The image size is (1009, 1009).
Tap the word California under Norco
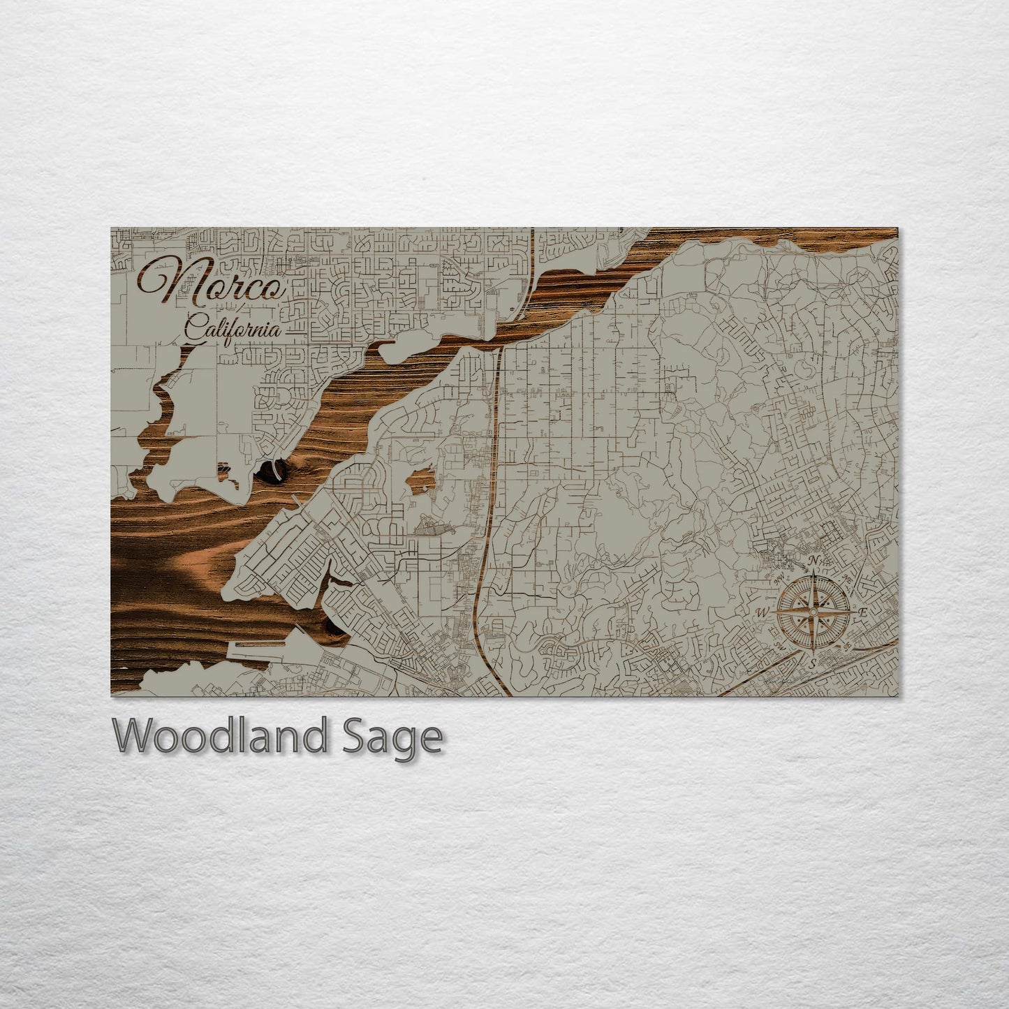[233, 329]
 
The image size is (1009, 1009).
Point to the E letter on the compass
[863, 612]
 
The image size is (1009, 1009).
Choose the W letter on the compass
[762, 613]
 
